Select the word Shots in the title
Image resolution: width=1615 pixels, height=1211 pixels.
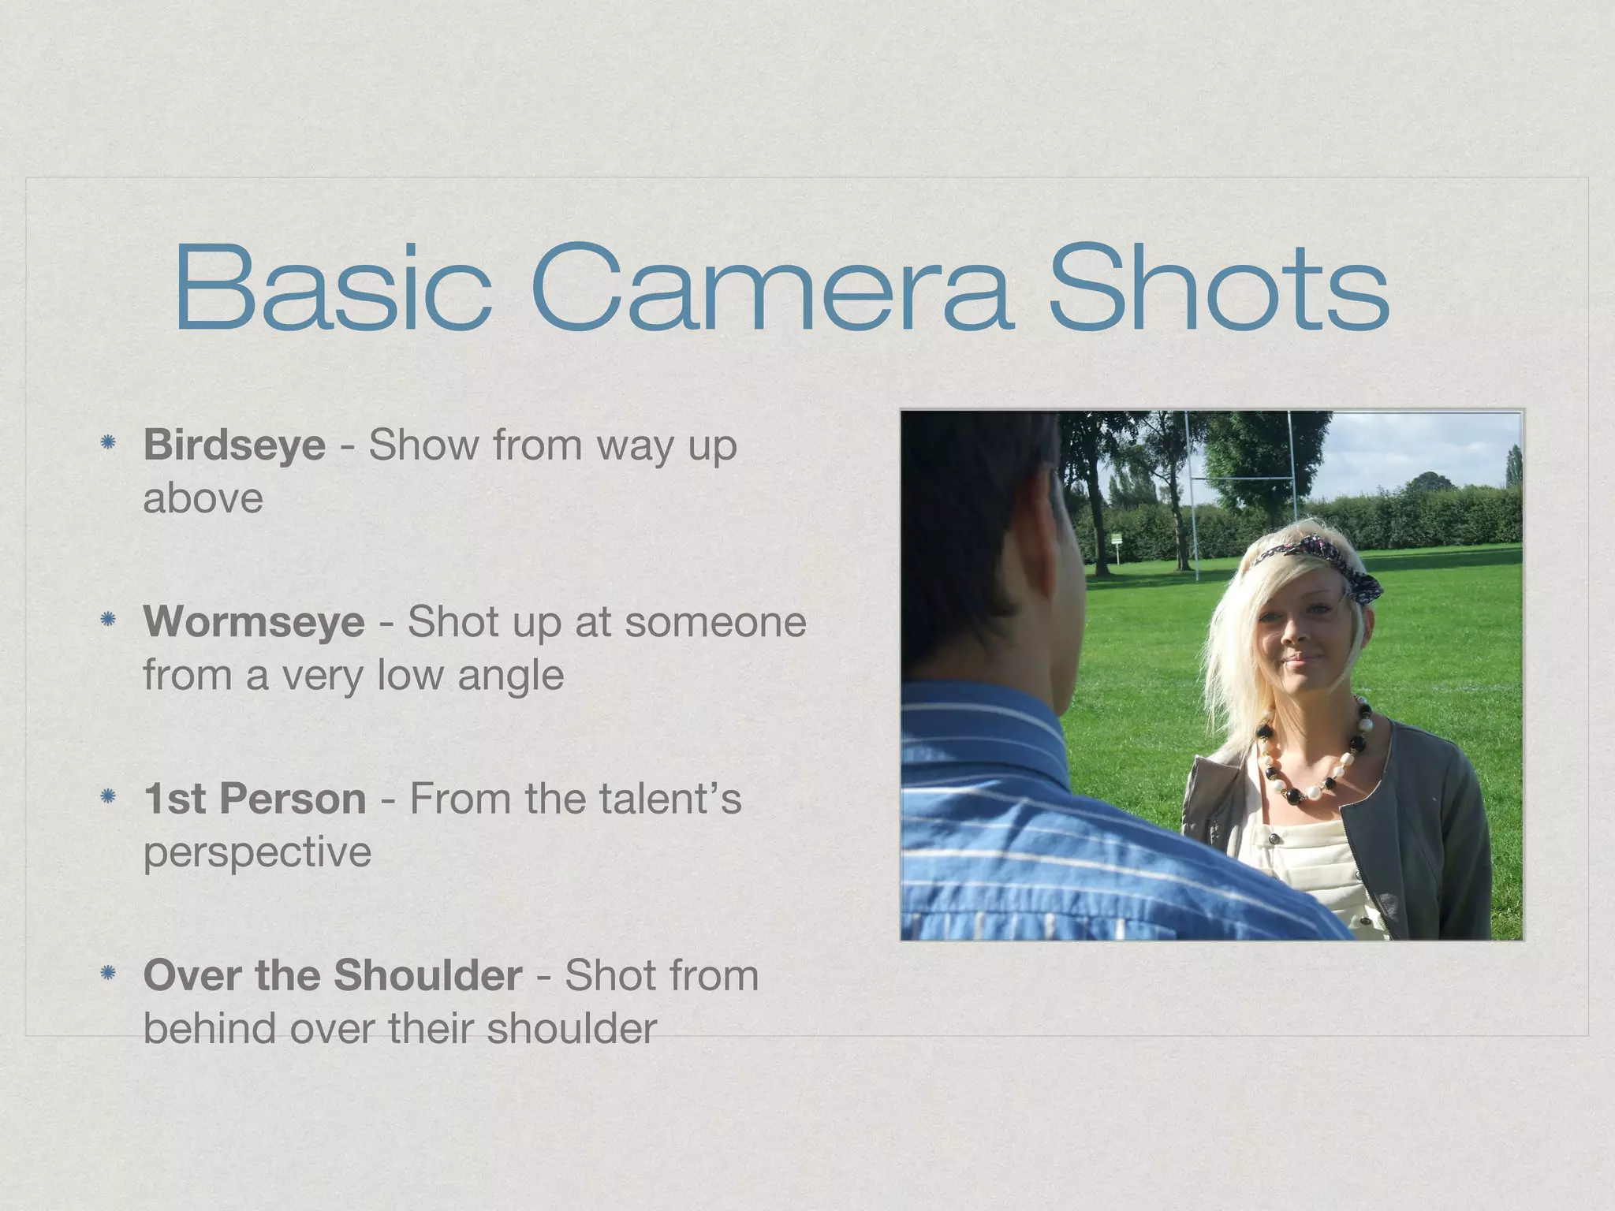(x=1218, y=289)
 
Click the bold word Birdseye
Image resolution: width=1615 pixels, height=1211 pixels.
(x=234, y=446)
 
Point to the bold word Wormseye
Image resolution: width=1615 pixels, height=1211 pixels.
(x=254, y=623)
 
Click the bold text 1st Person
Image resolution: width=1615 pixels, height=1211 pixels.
(x=255, y=799)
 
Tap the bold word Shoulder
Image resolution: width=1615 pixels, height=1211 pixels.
(x=427, y=976)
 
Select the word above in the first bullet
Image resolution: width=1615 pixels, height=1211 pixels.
(x=203, y=499)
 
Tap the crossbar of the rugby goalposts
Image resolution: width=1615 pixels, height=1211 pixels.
(x=1238, y=478)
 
